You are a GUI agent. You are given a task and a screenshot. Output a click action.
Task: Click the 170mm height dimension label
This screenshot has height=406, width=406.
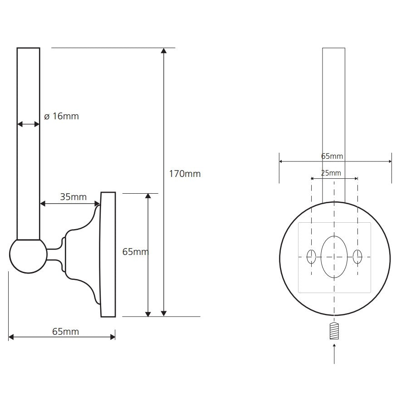pos(185,174)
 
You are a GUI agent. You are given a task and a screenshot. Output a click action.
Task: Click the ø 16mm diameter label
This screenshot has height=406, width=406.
pos(61,116)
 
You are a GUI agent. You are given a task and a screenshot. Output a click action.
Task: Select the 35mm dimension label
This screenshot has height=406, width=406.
pos(73,197)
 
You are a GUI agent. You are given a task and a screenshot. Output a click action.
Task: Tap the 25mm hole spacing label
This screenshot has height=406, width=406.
pos(331,173)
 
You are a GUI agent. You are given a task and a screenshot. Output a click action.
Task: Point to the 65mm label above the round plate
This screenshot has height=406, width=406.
pos(332,156)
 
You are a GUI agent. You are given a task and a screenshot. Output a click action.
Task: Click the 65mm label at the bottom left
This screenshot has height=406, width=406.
pos(65,332)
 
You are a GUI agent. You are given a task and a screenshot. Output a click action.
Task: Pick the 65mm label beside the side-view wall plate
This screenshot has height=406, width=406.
pos(136,252)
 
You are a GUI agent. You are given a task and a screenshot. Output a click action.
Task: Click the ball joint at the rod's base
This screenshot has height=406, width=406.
pos(29,256)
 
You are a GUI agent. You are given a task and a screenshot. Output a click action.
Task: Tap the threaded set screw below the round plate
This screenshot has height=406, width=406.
pos(334,331)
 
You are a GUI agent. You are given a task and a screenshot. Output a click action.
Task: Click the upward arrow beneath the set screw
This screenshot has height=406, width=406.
pos(334,353)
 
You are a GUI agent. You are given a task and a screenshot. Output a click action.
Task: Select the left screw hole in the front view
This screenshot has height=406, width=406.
pos(311,257)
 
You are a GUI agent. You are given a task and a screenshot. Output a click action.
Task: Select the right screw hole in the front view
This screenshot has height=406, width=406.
pos(357,257)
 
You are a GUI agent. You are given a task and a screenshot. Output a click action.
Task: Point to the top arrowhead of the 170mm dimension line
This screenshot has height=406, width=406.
pos(164,50)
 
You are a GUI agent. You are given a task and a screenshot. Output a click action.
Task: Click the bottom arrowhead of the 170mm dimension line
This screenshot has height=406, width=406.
pos(164,313)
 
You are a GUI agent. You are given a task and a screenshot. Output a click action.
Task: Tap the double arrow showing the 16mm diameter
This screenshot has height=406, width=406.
pos(29,125)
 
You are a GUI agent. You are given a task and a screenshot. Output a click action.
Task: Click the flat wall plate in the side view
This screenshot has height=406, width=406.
pos(108,254)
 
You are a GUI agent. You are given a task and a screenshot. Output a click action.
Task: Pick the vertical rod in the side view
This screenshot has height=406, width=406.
pos(29,144)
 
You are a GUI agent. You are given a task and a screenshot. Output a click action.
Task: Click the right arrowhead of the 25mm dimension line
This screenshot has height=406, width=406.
pos(356,178)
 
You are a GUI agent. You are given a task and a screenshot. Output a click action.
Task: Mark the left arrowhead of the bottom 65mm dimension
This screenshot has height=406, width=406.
pos(11,337)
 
